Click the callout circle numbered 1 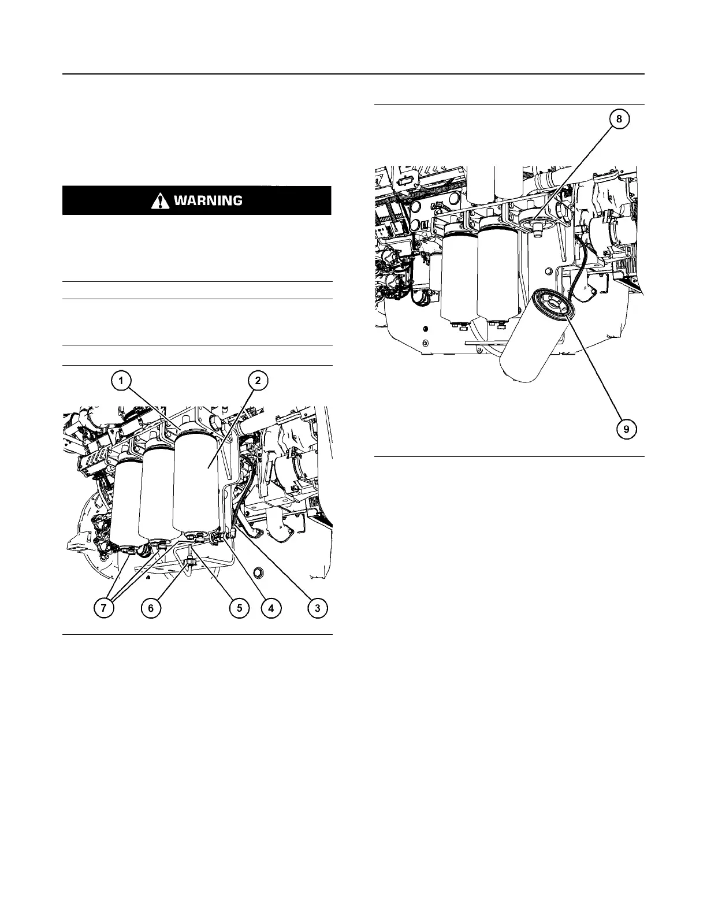pos(121,381)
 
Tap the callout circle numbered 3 pos(317,608)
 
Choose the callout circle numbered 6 pos(152,608)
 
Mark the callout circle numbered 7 pos(105,608)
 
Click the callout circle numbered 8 pos(619,120)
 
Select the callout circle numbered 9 pos(627,429)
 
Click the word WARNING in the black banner pos(207,200)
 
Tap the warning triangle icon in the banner pos(159,200)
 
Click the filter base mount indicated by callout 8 pos(534,220)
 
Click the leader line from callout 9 pos(595,370)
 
